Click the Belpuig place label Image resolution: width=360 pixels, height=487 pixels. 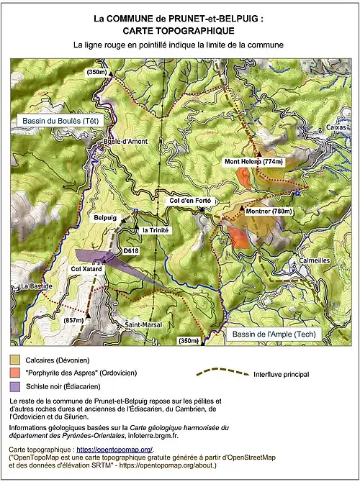pos(104,217)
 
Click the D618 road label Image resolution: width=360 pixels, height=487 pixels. pos(130,250)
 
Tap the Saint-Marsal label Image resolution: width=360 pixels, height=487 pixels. pos(143,324)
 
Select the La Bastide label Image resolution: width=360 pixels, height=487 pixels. pos(35,286)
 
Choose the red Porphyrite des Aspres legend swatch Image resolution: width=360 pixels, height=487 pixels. pos(15,373)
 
